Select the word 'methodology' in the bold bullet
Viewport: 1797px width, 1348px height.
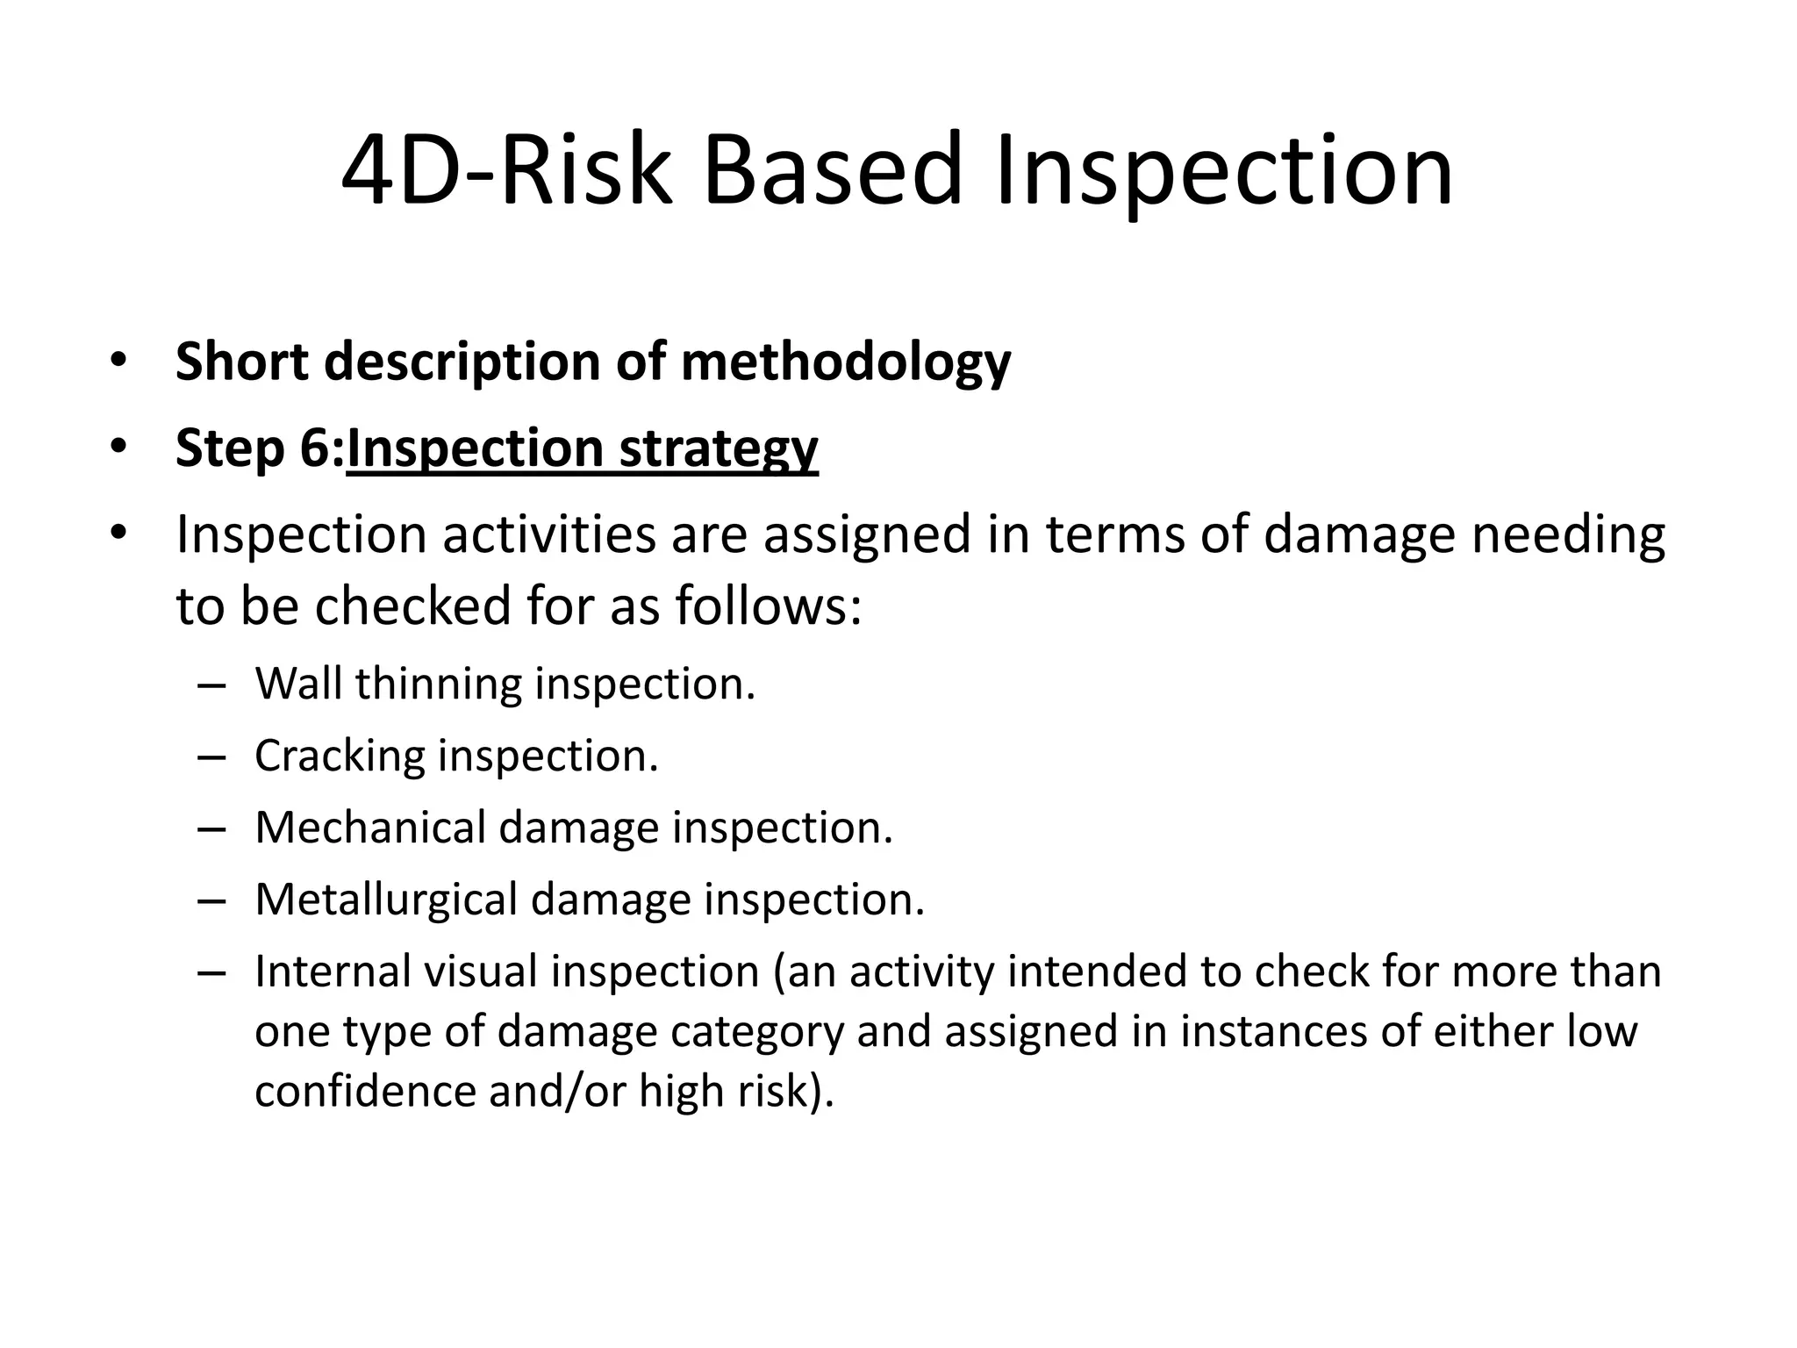tap(846, 362)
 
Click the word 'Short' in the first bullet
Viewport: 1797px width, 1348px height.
tap(242, 361)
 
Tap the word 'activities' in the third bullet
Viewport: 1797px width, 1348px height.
tap(548, 534)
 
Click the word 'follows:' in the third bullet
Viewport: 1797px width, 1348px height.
tap(769, 606)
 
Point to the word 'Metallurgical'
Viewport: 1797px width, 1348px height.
tap(386, 900)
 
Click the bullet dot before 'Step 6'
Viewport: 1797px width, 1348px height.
tap(118, 448)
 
